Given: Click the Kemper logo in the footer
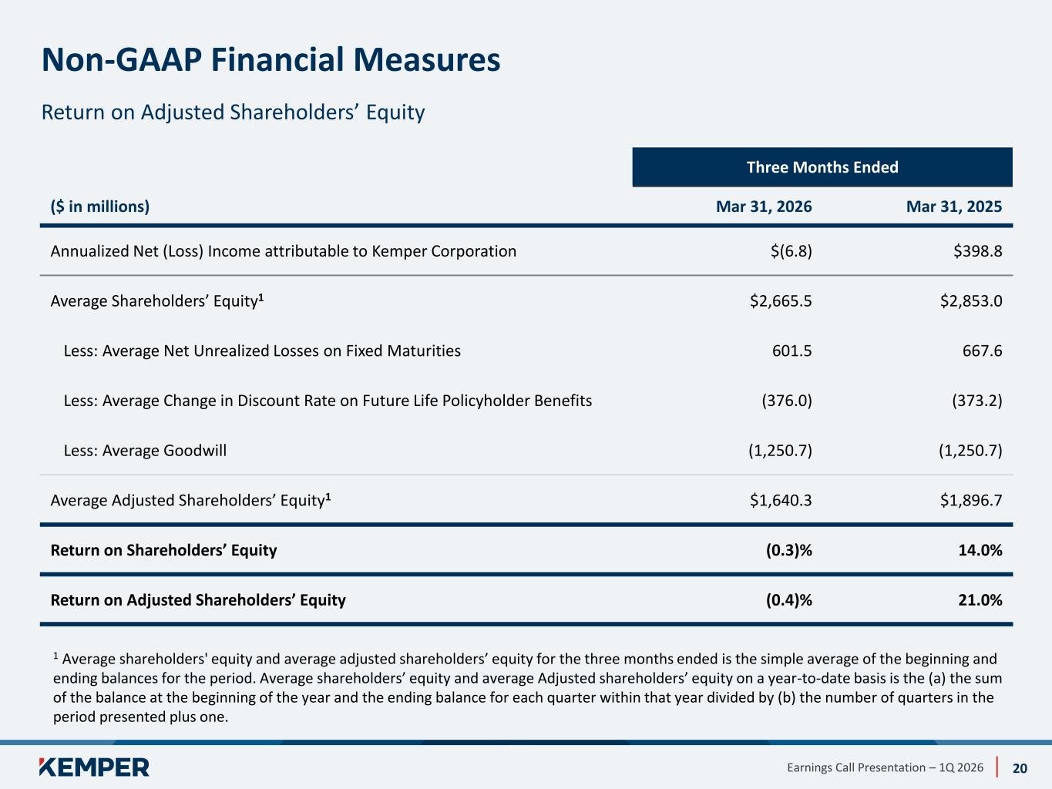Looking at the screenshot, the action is (x=94, y=767).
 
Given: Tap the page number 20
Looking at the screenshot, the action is (x=1020, y=768).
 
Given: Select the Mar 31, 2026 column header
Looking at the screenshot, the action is (x=764, y=206).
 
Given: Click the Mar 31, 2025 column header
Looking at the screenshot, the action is (x=954, y=206).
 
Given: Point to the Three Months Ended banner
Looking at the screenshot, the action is (x=822, y=167).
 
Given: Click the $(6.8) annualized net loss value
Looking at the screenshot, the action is (x=792, y=251).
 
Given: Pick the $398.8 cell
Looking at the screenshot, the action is (x=978, y=251).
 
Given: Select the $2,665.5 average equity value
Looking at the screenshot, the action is (x=781, y=300).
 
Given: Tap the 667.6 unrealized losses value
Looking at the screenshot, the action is (x=982, y=351).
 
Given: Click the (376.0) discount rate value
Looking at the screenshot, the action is (x=787, y=401).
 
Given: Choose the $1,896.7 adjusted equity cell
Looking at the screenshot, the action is (x=971, y=500).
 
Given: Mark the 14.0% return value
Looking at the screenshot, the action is (x=980, y=550).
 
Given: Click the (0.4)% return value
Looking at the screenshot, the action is (x=789, y=599).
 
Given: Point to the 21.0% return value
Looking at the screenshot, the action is (x=980, y=599).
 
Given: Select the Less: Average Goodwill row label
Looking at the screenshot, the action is (x=145, y=450).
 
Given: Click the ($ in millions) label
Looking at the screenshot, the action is (x=100, y=206).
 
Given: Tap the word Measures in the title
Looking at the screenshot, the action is (x=427, y=60).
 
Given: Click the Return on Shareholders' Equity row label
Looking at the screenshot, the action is (x=163, y=550).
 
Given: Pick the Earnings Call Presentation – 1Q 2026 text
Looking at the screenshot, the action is (x=885, y=767).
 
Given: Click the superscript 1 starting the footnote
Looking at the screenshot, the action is (x=55, y=656).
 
